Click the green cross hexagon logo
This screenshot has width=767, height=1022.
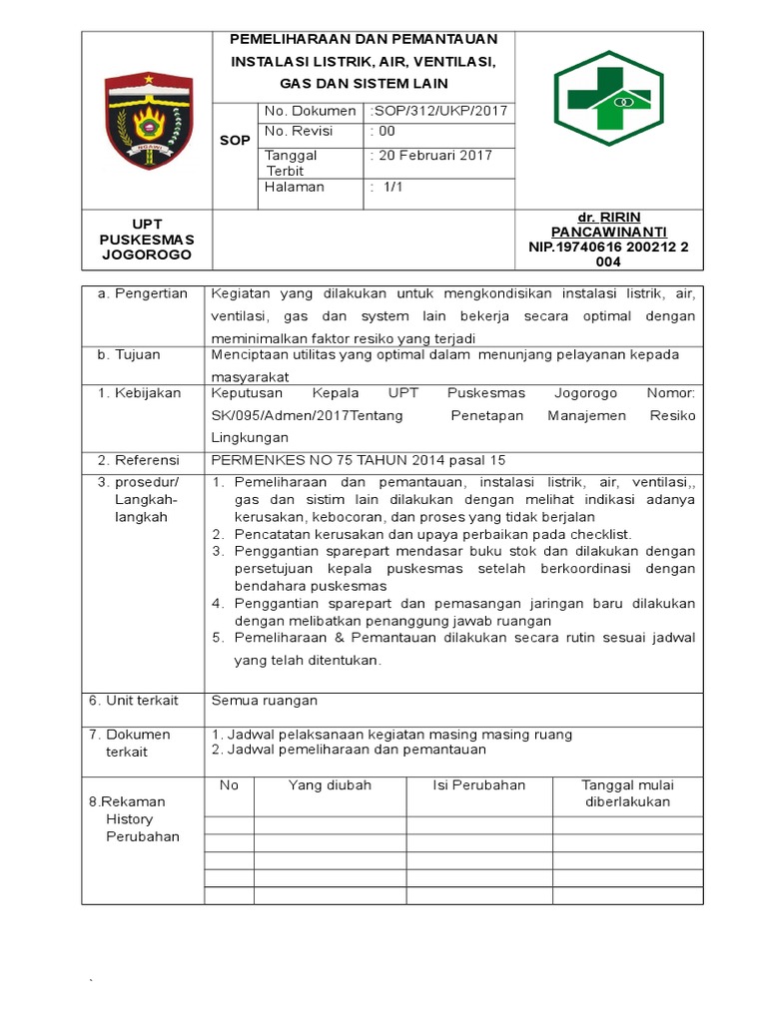tap(608, 98)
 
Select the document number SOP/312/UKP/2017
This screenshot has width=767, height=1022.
tap(439, 111)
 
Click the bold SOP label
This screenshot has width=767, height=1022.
tap(235, 141)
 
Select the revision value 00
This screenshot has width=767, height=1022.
tap(383, 131)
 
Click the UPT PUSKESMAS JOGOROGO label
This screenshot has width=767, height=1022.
tap(147, 240)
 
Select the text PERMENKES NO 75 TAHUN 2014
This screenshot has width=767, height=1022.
tap(325, 460)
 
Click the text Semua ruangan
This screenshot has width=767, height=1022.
tap(264, 702)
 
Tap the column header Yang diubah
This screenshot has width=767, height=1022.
tap(330, 785)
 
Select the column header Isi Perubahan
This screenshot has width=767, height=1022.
tap(478, 785)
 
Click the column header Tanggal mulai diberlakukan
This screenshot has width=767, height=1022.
tap(627, 793)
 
